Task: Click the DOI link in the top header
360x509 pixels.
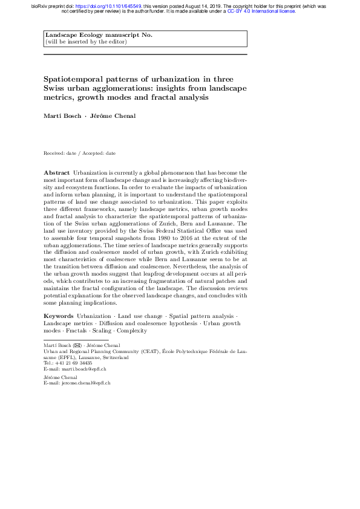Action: pyautogui.click(x=111, y=6)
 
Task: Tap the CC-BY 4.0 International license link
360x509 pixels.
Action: pyautogui.click(x=261, y=11)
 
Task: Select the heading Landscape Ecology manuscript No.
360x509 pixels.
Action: pyautogui.click(x=99, y=35)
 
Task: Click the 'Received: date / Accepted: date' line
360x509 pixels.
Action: pyautogui.click(x=79, y=154)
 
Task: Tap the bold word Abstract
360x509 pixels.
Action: pyautogui.click(x=57, y=173)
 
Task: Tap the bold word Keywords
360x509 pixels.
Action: pyautogui.click(x=59, y=316)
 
